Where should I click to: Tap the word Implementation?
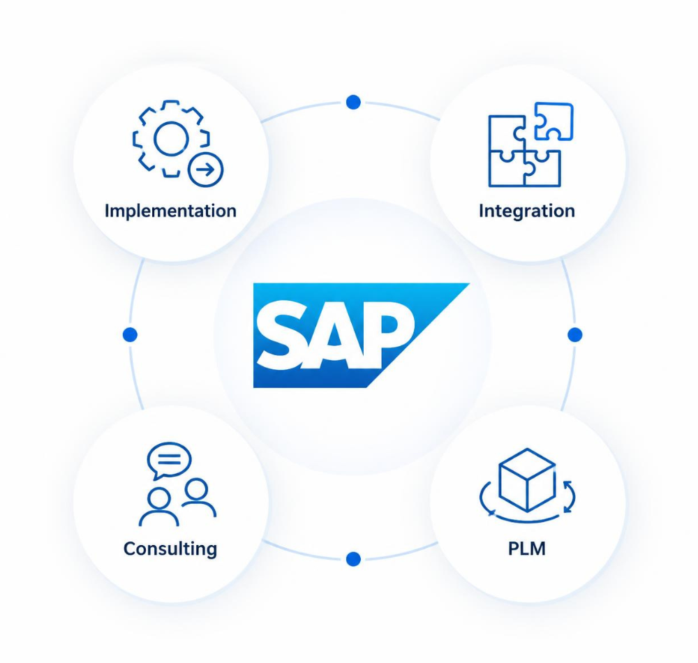point(170,211)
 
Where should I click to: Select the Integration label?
point(526,211)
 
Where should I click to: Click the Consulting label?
point(170,549)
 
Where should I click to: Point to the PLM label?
point(526,549)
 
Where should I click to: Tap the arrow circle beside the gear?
point(205,170)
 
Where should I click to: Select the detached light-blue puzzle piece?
point(554,121)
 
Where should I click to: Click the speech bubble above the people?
point(169,461)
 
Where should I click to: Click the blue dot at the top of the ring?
point(353,102)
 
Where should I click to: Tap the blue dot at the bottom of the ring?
point(353,559)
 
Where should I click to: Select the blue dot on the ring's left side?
point(130,334)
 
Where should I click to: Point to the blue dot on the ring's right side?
point(575,334)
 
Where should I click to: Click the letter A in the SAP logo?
point(335,335)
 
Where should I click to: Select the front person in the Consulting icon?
point(158,507)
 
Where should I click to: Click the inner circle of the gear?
point(171,139)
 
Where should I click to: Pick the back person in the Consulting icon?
point(198,497)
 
